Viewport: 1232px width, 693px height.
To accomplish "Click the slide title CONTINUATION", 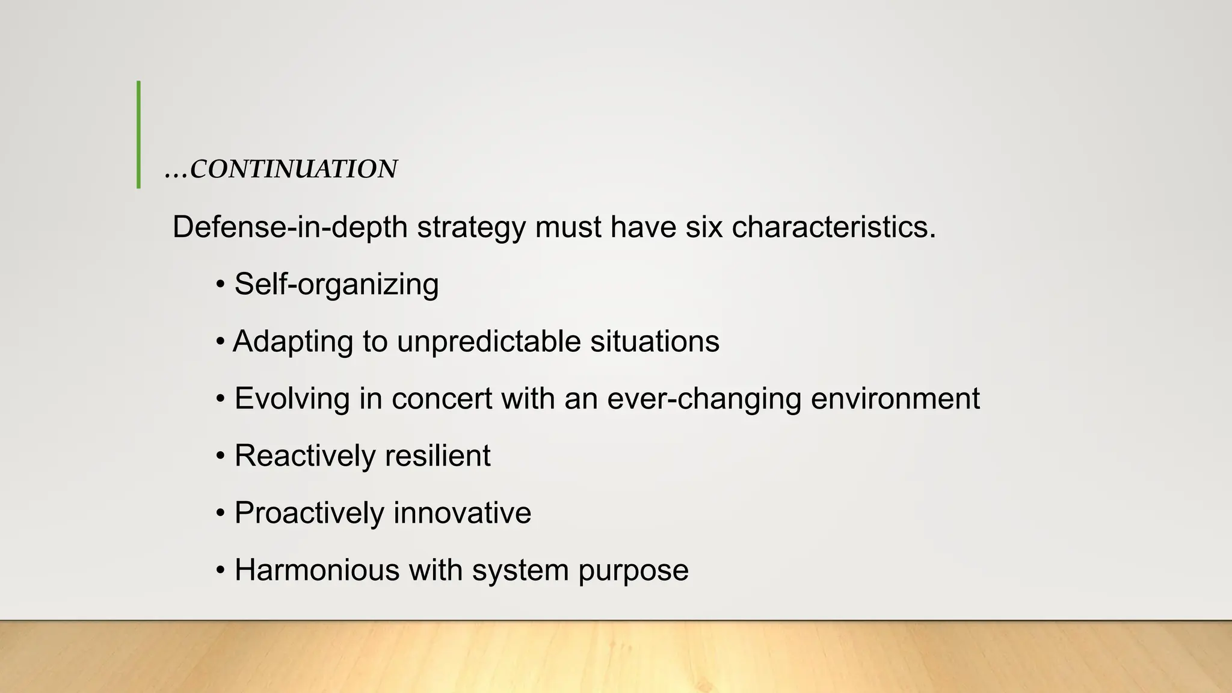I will coord(293,170).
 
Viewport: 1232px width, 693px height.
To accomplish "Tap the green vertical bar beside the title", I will coord(139,135).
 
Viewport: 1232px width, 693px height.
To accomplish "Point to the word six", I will coord(704,227).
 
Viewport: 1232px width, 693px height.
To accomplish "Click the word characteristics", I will coord(834,227).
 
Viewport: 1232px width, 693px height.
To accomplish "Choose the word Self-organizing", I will coord(336,285).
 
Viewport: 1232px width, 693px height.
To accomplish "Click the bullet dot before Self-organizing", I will coord(221,285).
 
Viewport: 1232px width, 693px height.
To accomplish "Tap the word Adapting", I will coord(293,342).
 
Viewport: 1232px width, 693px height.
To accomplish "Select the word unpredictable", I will coord(488,342).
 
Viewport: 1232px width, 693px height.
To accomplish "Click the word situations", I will coord(654,342).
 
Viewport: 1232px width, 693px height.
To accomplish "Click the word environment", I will coord(896,399).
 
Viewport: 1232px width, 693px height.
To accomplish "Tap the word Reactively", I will coord(305,456).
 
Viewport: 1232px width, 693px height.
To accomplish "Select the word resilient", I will coord(438,456).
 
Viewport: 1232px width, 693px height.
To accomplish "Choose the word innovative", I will coord(463,513).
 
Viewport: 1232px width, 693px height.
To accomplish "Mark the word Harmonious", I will coord(317,570).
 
